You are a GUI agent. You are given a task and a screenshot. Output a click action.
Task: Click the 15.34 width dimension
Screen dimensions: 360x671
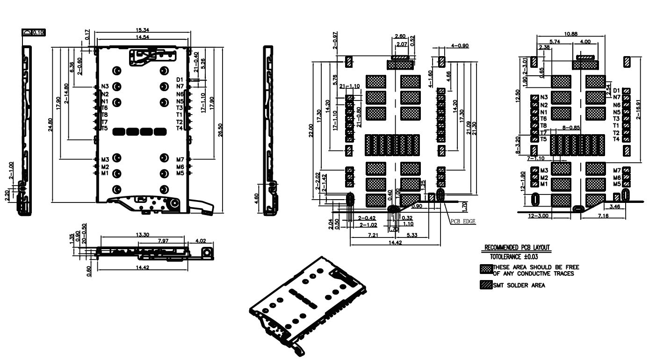(143, 30)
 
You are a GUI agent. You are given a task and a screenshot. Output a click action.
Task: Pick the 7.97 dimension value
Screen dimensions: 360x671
(163, 241)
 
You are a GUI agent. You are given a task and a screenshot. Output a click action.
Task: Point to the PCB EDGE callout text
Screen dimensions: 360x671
(462, 222)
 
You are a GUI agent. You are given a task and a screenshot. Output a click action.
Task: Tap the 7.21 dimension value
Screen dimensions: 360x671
(372, 234)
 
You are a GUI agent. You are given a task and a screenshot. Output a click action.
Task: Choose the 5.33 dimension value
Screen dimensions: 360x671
(412, 234)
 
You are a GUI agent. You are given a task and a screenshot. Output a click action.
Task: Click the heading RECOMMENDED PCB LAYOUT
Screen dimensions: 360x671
(517, 248)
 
